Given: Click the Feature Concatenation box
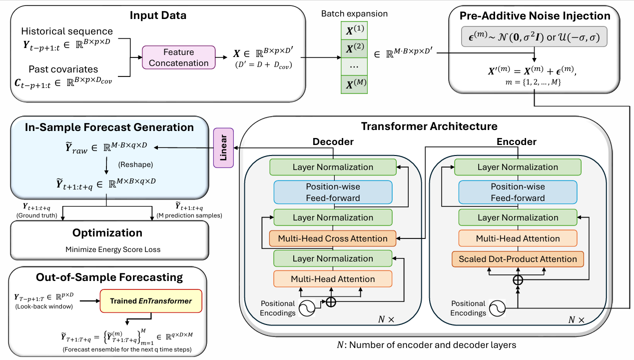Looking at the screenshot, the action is point(178,57).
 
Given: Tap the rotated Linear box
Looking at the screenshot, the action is point(223,148).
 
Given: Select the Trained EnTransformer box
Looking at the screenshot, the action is point(151,301).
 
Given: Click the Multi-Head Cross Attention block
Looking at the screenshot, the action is point(333,238).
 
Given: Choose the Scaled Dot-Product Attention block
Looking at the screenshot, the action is point(518,259).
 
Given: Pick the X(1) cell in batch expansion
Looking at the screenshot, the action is point(354,30).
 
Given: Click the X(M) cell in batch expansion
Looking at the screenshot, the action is point(354,84).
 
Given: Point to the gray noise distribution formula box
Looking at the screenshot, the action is point(534,37).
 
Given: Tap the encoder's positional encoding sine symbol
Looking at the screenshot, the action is point(497,308).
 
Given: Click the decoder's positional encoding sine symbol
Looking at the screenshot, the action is point(307,308).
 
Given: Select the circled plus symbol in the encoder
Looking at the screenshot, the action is point(518,280).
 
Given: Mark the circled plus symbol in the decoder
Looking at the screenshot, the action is point(331,302).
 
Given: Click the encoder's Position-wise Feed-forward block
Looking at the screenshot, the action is point(518,192).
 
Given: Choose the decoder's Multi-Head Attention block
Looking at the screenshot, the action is point(333,279).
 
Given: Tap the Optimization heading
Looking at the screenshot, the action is point(107,233).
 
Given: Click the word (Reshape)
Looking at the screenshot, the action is point(135,164).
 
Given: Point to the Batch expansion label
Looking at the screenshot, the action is point(354,13).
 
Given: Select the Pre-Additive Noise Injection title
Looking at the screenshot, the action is point(535,16).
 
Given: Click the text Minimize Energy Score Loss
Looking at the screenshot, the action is point(113,249).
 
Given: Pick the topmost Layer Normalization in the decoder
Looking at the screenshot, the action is point(333,167).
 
